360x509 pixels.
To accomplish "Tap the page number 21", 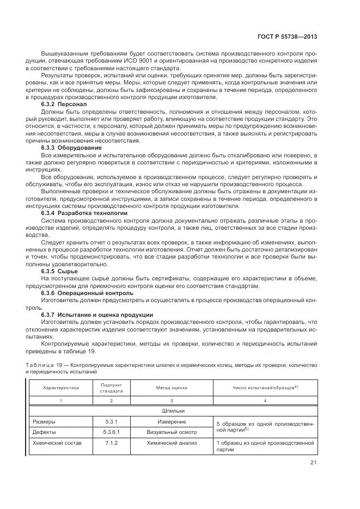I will point(313,463).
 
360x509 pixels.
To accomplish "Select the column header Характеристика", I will point(61,388).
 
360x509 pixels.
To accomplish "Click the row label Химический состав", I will point(57,443).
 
